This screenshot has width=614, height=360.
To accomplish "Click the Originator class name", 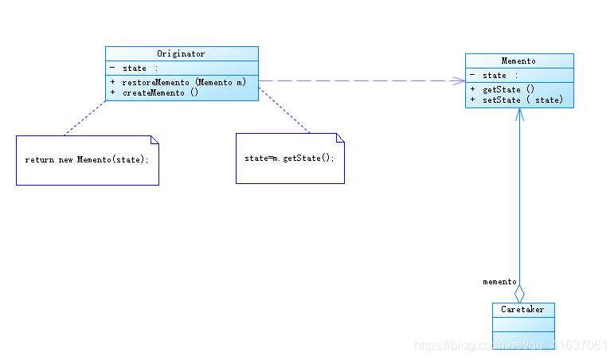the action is click(181, 53).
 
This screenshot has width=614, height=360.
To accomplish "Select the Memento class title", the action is click(518, 61).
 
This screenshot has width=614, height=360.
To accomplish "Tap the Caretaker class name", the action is click(522, 310).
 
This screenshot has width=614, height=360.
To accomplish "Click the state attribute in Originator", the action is click(135, 68).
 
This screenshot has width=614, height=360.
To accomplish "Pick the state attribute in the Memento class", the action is click(495, 75).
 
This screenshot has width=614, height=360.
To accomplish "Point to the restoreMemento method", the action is click(184, 82).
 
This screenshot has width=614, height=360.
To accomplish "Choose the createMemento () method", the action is click(161, 93).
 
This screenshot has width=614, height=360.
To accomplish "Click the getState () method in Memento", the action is click(508, 90).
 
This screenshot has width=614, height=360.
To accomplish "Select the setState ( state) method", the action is click(522, 100).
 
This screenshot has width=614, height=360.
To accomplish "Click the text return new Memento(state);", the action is click(87, 159).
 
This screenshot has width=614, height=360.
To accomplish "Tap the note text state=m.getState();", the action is click(289, 158).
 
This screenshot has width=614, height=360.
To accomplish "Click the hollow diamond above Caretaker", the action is click(519, 294).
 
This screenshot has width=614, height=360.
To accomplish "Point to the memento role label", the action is click(499, 282).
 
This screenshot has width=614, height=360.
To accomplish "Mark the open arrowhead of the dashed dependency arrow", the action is click(458, 80).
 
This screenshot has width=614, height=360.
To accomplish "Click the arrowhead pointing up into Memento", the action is click(519, 115).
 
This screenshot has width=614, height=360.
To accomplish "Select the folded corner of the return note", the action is click(155, 140).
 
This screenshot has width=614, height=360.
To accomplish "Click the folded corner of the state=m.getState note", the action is click(340, 138).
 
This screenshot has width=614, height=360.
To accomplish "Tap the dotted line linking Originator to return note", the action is click(85, 119).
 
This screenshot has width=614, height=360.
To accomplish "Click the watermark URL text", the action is click(510, 346).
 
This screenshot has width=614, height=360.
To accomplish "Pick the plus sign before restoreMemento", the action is click(113, 82).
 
